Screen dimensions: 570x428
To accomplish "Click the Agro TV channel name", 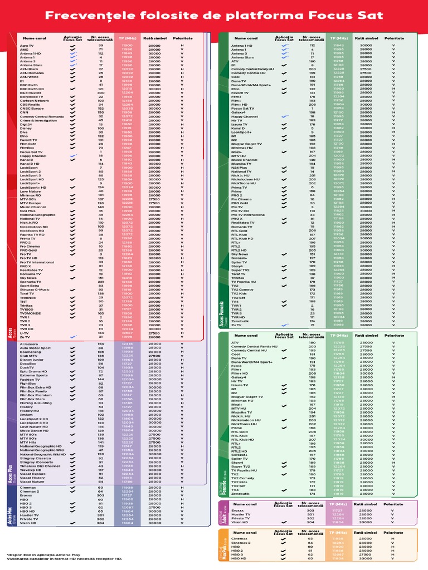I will [x=27, y=45].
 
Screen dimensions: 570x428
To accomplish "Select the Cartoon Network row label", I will [x=34, y=100].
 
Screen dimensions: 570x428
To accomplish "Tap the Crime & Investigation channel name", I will [x=38, y=120].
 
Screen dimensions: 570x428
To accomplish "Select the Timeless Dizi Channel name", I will [x=40, y=466].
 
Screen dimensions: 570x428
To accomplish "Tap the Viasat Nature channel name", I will [x=32, y=481].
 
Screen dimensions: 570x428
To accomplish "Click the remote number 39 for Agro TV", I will [x=101, y=45].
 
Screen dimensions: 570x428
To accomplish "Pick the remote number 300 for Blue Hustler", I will [x=101, y=92].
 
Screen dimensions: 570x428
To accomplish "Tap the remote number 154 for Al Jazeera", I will [x=101, y=344].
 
